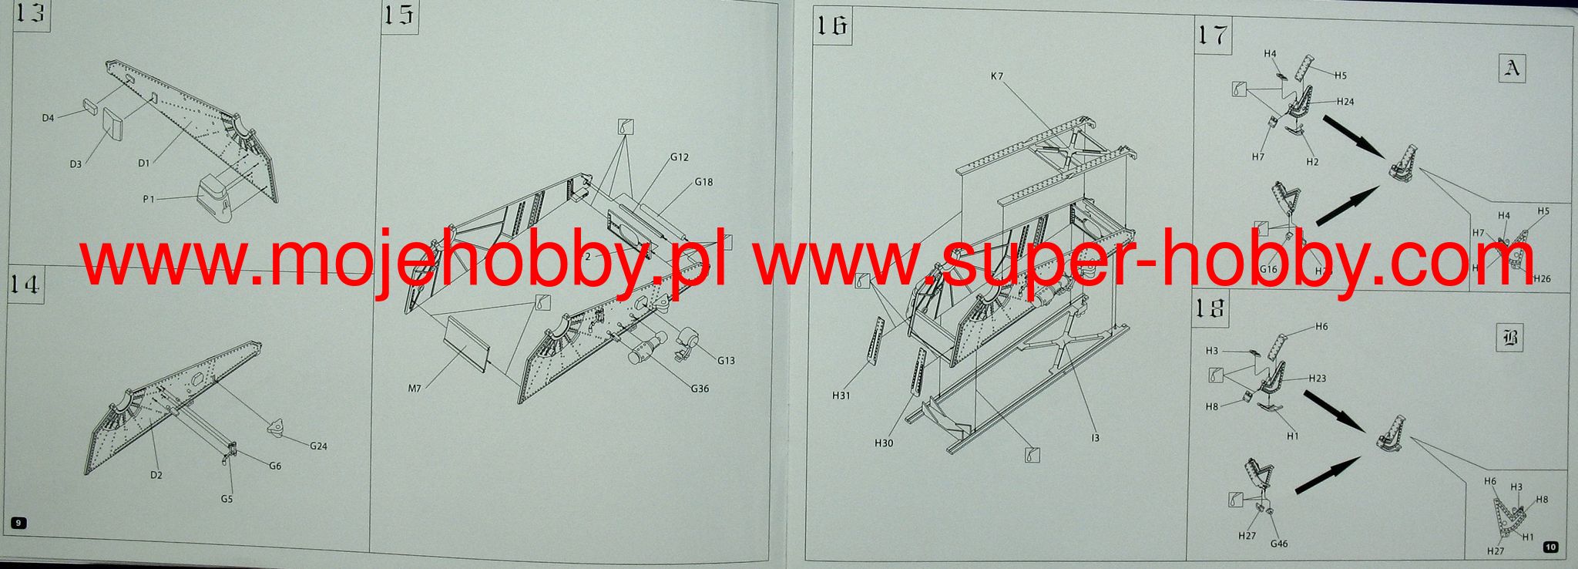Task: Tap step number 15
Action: pyautogui.click(x=399, y=16)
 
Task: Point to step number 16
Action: pyautogui.click(x=832, y=27)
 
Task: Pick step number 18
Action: pyautogui.click(x=1210, y=308)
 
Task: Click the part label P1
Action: pyautogui.click(x=149, y=199)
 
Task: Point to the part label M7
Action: pyautogui.click(x=415, y=387)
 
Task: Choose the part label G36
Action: pyautogui.click(x=700, y=389)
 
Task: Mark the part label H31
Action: pyautogui.click(x=841, y=396)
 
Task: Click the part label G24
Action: pyautogui.click(x=319, y=446)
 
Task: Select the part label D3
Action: pyautogui.click(x=76, y=164)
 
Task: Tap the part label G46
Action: pyautogui.click(x=1279, y=544)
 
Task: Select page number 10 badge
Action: pyautogui.click(x=1550, y=547)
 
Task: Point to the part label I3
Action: pyautogui.click(x=1095, y=438)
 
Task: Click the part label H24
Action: pyautogui.click(x=1345, y=102)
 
